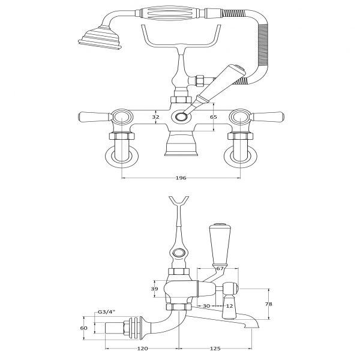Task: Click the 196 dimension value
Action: click(181, 178)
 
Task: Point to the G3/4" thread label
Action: click(106, 312)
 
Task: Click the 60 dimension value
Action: click(85, 328)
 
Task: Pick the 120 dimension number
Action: click(143, 349)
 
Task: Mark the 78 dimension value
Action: click(268, 304)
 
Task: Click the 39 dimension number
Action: click(154, 289)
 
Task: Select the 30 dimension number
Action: click(206, 306)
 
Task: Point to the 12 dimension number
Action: click(229, 306)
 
